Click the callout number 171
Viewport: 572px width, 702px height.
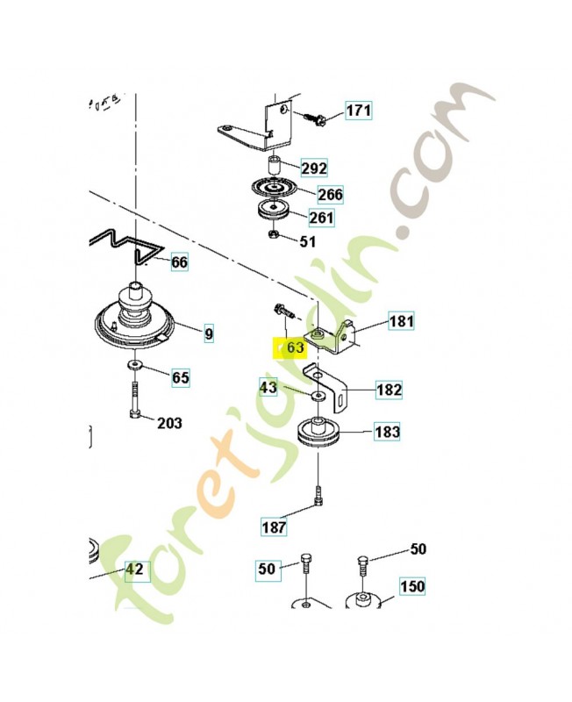coord(358,111)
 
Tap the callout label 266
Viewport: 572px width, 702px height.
coord(329,194)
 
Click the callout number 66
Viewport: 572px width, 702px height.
coord(178,261)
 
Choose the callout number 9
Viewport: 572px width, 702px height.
coord(208,333)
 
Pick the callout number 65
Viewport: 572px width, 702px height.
coord(180,378)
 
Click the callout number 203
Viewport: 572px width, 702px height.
coord(169,423)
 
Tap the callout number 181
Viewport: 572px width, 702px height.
coord(401,321)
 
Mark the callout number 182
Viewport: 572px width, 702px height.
coord(389,390)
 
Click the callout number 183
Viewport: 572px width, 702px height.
coord(387,432)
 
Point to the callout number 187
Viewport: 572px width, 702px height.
coord(274,527)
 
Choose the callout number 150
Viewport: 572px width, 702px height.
coord(412,586)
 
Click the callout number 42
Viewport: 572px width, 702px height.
coord(134,569)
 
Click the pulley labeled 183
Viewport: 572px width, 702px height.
coord(322,434)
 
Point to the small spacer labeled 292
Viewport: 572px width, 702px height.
coord(273,165)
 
